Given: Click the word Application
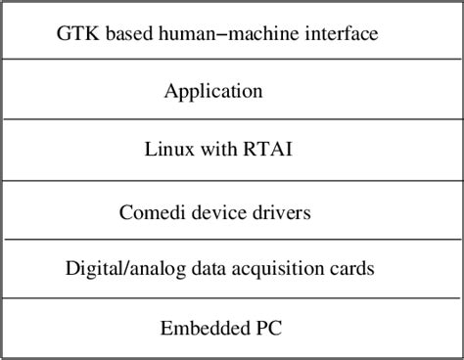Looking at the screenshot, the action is pyautogui.click(x=213, y=92).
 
